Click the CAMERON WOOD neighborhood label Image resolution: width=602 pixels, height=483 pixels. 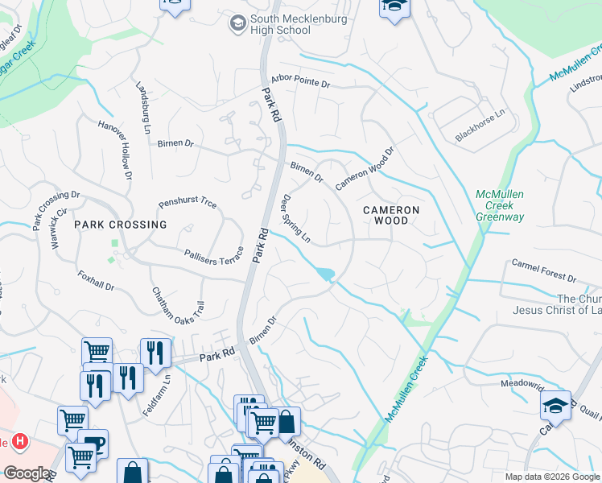[x=391, y=215]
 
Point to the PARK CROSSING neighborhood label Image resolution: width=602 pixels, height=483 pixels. [x=121, y=225]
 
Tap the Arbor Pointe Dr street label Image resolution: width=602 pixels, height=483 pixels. [x=300, y=82]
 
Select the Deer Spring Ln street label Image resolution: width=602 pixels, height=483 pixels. [x=295, y=218]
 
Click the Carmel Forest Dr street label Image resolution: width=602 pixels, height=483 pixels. [x=544, y=271]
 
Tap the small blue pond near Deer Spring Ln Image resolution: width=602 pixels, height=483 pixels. [x=325, y=275]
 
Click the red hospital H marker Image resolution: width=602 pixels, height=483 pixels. [x=19, y=442]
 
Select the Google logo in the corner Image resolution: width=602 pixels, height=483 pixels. [x=27, y=473]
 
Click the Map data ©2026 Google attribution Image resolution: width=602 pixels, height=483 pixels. [x=551, y=477]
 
